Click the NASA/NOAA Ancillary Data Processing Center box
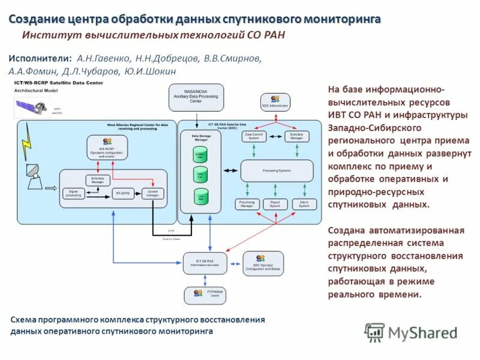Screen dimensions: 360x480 click(x=196, y=97)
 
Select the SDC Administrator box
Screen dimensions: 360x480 click(x=275, y=101)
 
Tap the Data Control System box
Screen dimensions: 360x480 click(x=254, y=137)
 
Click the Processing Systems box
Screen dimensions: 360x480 click(x=277, y=171)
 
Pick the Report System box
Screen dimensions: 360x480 click(x=275, y=205)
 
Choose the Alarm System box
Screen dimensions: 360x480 click(x=304, y=205)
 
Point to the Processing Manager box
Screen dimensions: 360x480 click(x=247, y=205)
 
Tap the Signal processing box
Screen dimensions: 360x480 click(x=73, y=194)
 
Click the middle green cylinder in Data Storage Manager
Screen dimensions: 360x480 click(x=200, y=175)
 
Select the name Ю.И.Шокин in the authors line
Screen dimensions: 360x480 click(x=150, y=71)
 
